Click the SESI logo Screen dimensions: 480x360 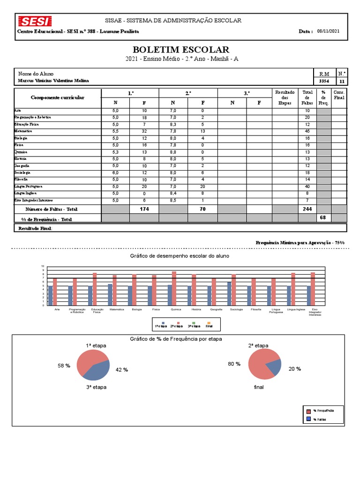35,21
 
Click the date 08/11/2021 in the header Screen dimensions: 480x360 328,31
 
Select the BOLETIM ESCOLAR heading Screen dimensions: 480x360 181,50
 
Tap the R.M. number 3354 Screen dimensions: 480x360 324,81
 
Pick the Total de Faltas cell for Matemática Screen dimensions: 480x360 307,132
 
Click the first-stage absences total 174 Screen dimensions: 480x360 144,209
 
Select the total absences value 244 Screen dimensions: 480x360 307,209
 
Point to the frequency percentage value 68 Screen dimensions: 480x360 322,217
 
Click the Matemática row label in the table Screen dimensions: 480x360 22,132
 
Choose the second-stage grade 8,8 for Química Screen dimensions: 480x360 173,152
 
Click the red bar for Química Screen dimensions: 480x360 174,288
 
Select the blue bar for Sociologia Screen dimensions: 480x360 229,293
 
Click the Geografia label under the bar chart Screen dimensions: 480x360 216,309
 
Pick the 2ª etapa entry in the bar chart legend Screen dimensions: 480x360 175,325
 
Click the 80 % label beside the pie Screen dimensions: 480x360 234,364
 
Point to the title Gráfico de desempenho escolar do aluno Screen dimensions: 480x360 180,256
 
